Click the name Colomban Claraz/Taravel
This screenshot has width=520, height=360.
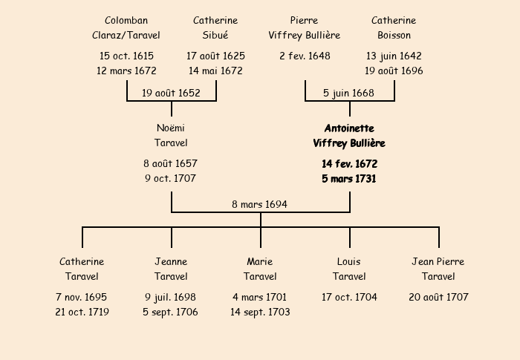click(x=126, y=28)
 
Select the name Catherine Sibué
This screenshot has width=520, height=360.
click(x=215, y=28)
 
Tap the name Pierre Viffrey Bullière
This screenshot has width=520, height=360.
click(x=305, y=28)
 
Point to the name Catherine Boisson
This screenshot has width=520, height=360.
click(x=394, y=28)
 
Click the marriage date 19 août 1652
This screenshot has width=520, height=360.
click(x=171, y=94)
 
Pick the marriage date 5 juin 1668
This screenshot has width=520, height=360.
click(x=349, y=94)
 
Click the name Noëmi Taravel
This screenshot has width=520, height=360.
click(x=171, y=136)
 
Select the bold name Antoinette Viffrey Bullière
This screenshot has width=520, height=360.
click(x=349, y=136)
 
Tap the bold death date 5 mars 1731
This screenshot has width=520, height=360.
click(x=349, y=179)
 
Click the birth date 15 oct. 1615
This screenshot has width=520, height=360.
click(x=126, y=56)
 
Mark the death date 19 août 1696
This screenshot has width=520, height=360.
click(x=394, y=71)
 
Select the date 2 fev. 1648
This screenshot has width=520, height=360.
click(x=305, y=56)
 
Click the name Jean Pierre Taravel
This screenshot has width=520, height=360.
click(x=438, y=269)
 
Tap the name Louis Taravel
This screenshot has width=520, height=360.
click(x=349, y=269)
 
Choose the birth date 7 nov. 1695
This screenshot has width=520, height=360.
click(x=82, y=298)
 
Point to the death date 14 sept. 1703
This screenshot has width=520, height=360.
click(x=260, y=312)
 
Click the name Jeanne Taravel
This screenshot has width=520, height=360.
click(x=171, y=269)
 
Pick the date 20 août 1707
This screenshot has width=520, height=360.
click(x=438, y=298)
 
